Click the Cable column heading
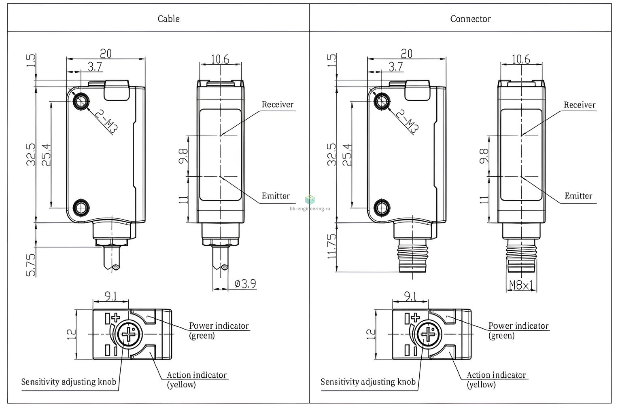(x=169, y=19)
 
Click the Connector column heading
(x=471, y=19)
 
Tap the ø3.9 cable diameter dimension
(x=245, y=284)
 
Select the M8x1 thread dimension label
(x=521, y=285)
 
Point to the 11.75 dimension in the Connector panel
(x=331, y=246)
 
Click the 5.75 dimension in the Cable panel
(x=31, y=265)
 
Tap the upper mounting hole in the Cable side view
(x=81, y=102)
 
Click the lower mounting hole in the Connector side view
(x=382, y=207)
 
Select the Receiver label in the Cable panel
(x=278, y=105)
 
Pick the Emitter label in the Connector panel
(x=578, y=196)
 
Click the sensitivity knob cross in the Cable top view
(x=129, y=334)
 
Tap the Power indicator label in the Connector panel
(x=518, y=326)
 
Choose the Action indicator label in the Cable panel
(x=197, y=375)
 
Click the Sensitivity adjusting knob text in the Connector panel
(x=368, y=382)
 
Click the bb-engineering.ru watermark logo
(x=310, y=199)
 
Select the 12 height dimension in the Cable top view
(x=71, y=334)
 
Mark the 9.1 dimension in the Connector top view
(x=410, y=296)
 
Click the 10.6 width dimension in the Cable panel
(x=220, y=59)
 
